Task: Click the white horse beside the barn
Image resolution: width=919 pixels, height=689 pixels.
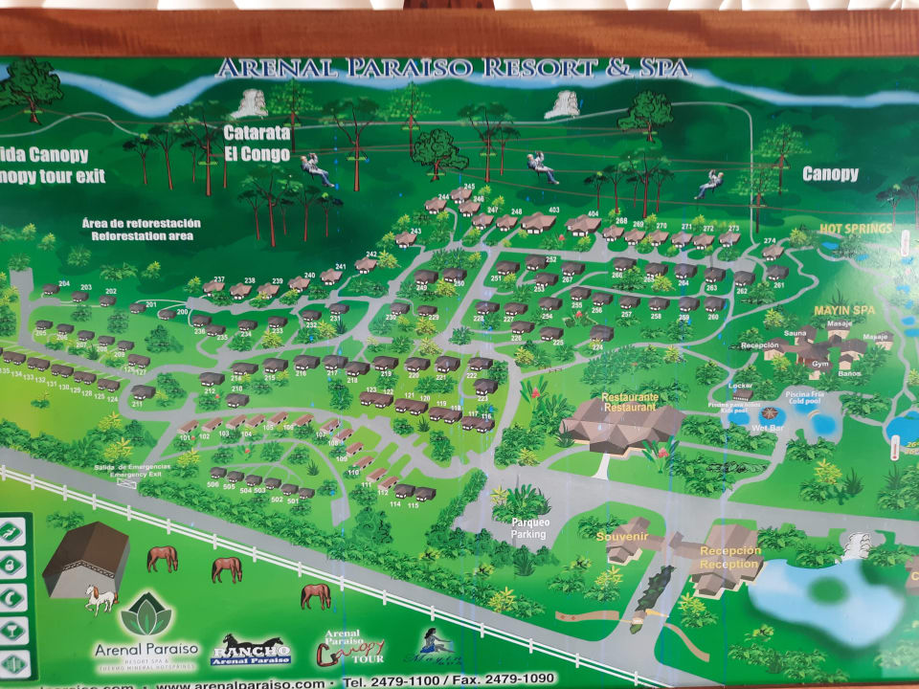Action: click(100, 599)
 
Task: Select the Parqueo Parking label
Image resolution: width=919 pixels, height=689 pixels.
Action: click(529, 528)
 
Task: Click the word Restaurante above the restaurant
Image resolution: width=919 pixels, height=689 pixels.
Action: click(629, 396)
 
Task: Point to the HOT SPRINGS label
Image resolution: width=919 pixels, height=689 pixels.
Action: click(855, 229)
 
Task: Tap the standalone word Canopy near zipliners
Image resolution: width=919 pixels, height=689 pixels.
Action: click(830, 173)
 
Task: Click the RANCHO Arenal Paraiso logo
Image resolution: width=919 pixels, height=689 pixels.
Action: click(250, 651)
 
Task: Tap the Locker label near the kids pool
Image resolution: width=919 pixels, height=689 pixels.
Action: click(741, 386)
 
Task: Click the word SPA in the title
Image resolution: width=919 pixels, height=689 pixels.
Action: click(664, 69)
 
